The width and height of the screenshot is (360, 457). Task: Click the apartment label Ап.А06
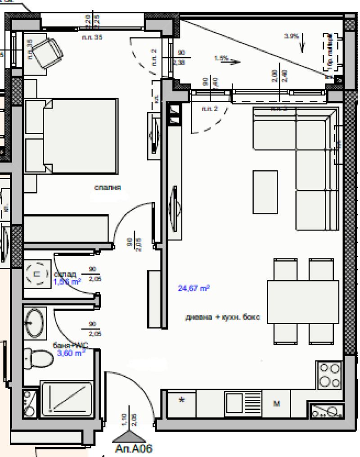pyautogui.click(x=134, y=448)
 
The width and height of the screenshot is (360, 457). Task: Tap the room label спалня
pyautogui.click(x=108, y=187)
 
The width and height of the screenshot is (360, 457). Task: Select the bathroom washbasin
pyautogui.click(x=34, y=322)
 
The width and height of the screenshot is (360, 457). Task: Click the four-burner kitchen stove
pyautogui.click(x=329, y=376)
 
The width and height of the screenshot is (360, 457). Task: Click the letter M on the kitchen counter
pyautogui.click(x=277, y=403)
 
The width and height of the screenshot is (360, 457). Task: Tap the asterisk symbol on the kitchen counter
pyautogui.click(x=182, y=400)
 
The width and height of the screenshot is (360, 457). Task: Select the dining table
pyautogui.click(x=302, y=301)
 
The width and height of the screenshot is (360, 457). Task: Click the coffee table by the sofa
pyautogui.click(x=265, y=191)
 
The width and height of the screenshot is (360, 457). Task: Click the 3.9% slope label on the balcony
pyautogui.click(x=292, y=36)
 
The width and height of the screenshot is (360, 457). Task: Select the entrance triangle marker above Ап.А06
pyautogui.click(x=129, y=437)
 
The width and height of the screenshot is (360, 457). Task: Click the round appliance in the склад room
pyautogui.click(x=38, y=273)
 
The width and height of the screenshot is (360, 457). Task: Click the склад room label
pyautogui.click(x=65, y=274)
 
